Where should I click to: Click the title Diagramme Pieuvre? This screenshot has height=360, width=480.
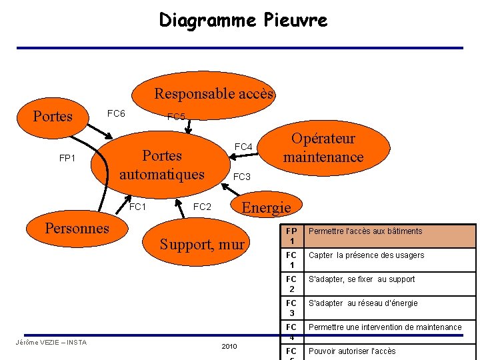(243, 21)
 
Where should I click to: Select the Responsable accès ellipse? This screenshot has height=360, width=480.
(213, 94)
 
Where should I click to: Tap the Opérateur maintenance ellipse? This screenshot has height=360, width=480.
(323, 148)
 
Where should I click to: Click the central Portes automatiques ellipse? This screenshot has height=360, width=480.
(162, 165)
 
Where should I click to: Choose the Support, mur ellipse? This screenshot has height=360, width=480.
(202, 245)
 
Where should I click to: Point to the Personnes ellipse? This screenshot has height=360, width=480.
(77, 229)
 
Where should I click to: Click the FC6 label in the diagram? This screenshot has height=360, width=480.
(116, 114)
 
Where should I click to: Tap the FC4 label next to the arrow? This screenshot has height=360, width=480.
(243, 147)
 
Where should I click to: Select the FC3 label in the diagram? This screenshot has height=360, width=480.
(241, 177)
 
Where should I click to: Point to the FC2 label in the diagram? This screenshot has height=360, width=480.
(202, 207)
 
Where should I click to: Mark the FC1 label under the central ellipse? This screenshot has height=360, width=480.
(137, 207)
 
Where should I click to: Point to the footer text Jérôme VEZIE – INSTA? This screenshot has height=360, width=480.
(51, 343)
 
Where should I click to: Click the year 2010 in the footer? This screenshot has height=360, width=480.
(229, 347)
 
